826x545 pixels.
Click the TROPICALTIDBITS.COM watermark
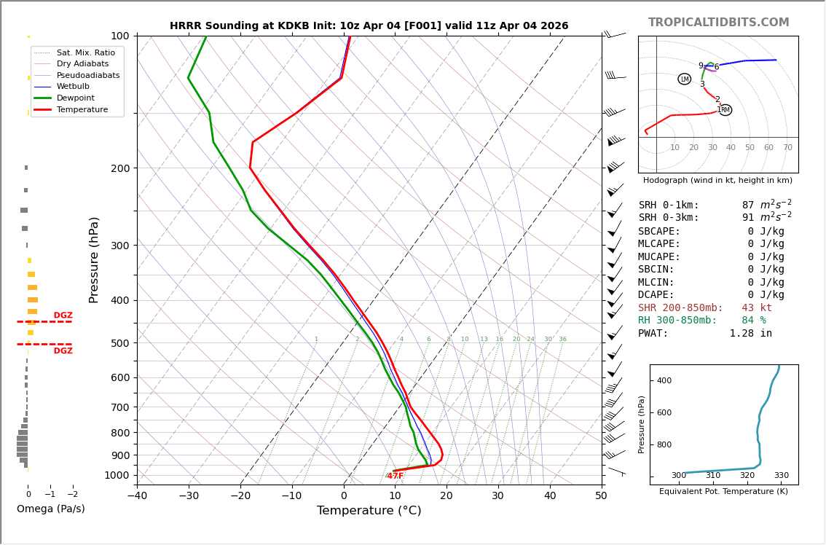tap(718, 23)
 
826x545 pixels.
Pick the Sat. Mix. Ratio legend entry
tap(85, 52)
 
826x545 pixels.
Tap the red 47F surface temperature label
tap(396, 476)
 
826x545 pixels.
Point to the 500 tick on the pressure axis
tap(119, 343)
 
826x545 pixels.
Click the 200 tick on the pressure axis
tap(119, 168)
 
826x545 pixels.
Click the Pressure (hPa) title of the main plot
tap(94, 259)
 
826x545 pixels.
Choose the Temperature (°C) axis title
tap(369, 511)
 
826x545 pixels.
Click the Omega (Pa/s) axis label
tap(50, 509)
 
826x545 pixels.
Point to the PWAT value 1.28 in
tap(750, 334)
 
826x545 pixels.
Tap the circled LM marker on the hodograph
tap(685, 79)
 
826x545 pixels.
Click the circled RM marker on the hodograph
tap(725, 110)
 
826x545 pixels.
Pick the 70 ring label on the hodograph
tap(787, 148)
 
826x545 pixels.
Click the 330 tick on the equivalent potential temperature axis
tap(781, 476)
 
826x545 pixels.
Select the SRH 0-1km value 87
tap(748, 205)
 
